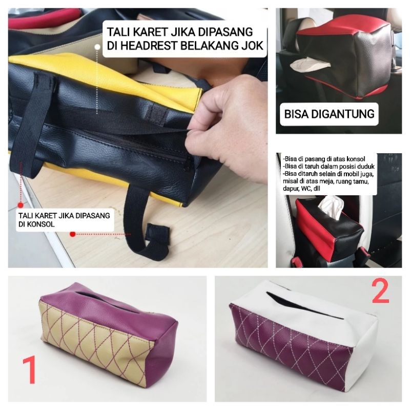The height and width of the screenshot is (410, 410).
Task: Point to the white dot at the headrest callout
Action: click(97, 45)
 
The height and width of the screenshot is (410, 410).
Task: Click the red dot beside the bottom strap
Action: click(73, 234)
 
